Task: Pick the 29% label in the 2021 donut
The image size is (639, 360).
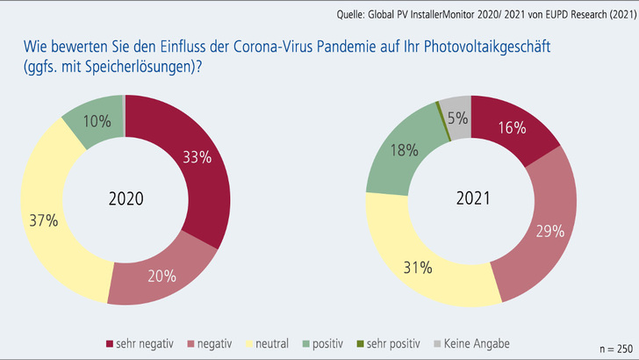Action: pyautogui.click(x=551, y=232)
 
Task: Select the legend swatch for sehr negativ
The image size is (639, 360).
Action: pyautogui.click(x=110, y=343)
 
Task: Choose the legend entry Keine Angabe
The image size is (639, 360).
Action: pyautogui.click(x=477, y=343)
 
